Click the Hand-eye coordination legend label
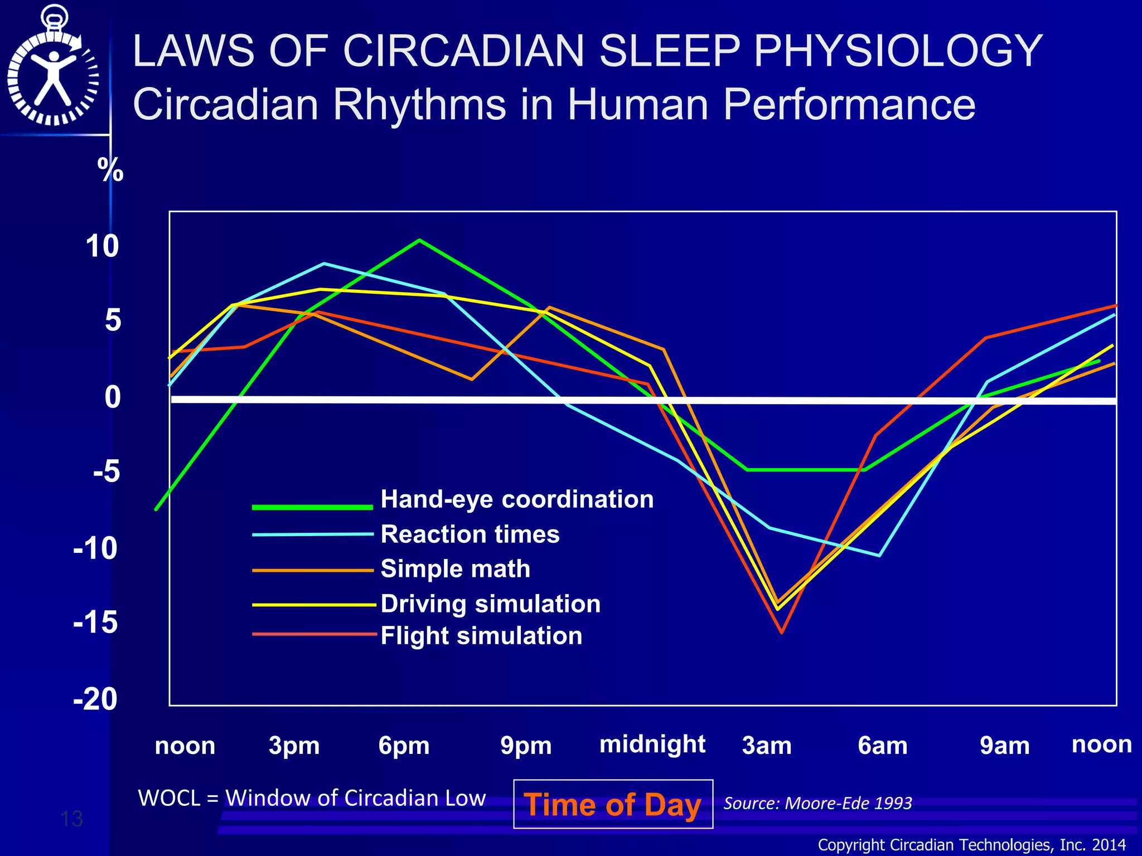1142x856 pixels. click(x=516, y=499)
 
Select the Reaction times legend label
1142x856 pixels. click(x=470, y=534)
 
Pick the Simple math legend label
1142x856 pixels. click(x=455, y=569)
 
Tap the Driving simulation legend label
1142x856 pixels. click(x=490, y=604)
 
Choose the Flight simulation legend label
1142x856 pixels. click(x=481, y=636)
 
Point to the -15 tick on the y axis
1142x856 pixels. click(x=96, y=622)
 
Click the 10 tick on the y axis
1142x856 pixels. click(x=102, y=246)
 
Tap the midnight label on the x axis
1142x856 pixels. click(x=652, y=744)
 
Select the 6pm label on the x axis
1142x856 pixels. click(x=404, y=745)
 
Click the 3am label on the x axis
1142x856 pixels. click(x=767, y=745)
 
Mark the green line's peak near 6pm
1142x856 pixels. click(x=419, y=240)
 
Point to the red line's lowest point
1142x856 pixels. click(x=782, y=633)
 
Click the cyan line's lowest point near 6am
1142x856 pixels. click(x=879, y=556)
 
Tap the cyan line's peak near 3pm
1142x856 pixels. click(x=325, y=264)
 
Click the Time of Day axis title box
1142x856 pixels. click(x=613, y=804)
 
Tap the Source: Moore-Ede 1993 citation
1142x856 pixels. click(x=817, y=803)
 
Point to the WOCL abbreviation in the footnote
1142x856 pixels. click(x=169, y=798)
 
